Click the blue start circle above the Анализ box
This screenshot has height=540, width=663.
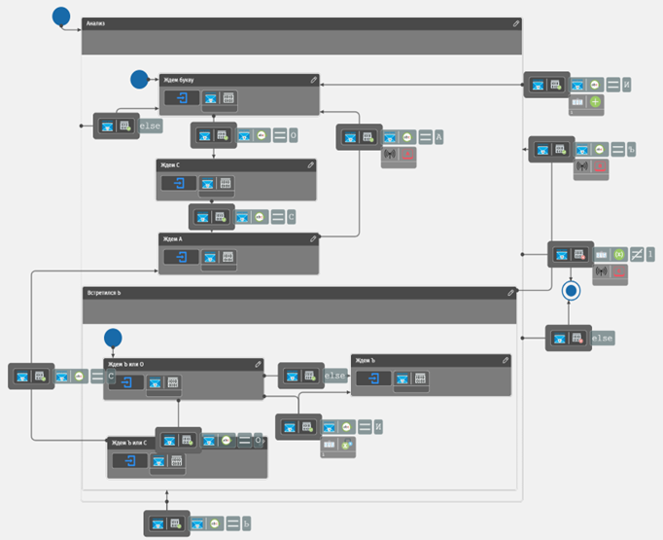click(x=61, y=16)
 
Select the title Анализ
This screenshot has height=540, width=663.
click(x=96, y=23)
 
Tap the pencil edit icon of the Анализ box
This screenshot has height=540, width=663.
click(x=515, y=23)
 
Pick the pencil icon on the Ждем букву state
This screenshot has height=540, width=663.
click(x=313, y=81)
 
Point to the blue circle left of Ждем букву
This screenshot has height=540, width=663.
click(x=139, y=79)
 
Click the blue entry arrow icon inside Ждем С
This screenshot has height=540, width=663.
click(x=179, y=183)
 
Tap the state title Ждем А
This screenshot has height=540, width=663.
click(x=175, y=238)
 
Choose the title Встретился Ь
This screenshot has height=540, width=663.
click(x=104, y=292)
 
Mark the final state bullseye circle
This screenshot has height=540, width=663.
click(x=572, y=290)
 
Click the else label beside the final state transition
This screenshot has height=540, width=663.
click(x=603, y=339)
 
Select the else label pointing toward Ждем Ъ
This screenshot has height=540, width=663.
click(x=335, y=376)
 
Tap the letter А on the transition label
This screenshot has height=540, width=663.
click(x=439, y=138)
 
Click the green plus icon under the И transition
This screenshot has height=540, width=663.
click(x=596, y=102)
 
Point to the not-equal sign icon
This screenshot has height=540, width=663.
click(x=637, y=255)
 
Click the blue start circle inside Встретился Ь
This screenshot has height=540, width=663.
click(x=113, y=338)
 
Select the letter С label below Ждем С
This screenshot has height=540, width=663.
click(x=291, y=217)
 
